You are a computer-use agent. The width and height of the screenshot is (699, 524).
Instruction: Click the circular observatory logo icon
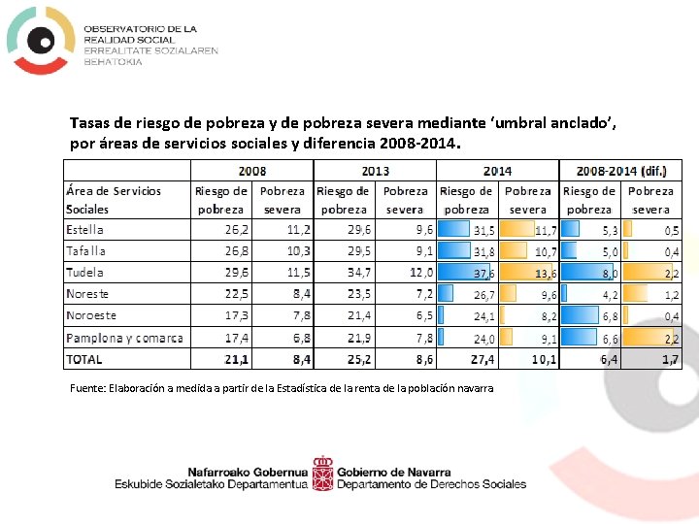tap(40, 40)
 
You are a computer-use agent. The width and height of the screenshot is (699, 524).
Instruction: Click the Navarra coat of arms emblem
tap(322, 474)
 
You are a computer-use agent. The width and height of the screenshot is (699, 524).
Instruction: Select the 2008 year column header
tap(252, 171)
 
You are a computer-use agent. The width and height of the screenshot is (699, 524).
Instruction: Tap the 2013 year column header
tap(374, 171)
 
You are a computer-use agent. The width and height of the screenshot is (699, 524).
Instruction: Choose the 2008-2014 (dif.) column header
tap(621, 171)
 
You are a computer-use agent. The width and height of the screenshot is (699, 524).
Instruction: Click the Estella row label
tap(85, 230)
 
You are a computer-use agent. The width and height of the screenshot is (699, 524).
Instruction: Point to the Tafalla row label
tap(85, 251)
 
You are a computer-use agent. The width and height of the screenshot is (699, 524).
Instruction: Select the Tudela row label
tap(85, 273)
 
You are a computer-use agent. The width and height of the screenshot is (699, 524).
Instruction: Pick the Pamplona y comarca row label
tap(124, 338)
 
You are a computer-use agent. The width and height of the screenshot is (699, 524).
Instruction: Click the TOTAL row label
tap(84, 359)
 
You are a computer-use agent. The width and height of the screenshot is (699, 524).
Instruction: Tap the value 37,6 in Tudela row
tap(483, 274)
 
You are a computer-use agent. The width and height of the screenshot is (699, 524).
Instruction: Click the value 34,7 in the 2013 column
tap(359, 273)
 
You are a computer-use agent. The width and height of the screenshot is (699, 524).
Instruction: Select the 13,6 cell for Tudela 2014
tap(546, 274)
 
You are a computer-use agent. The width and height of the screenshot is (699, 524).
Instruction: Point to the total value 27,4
tap(483, 359)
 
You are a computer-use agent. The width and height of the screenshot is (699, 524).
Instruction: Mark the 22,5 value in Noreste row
tap(237, 294)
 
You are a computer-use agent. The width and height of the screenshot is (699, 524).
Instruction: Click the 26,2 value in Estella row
tap(237, 230)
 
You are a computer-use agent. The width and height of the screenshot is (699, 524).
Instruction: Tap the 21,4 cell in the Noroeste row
tap(359, 315)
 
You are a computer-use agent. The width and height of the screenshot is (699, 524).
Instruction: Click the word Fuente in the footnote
tap(88, 388)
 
